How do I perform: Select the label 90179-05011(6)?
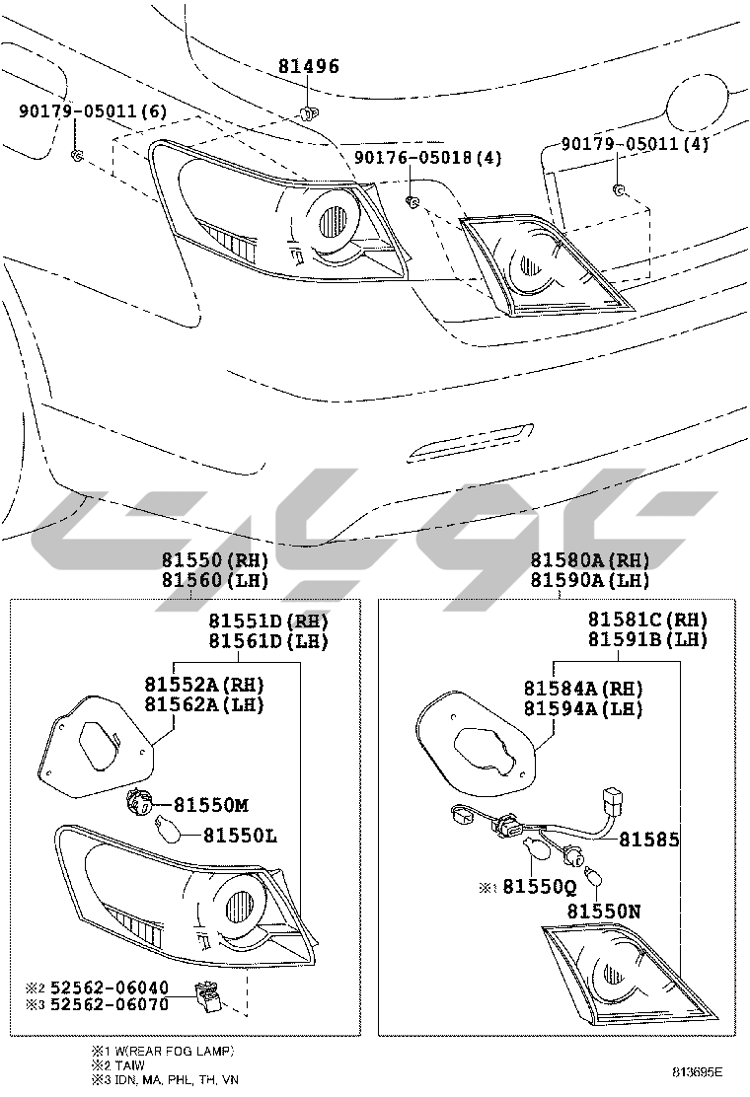pyautogui.click(x=92, y=111)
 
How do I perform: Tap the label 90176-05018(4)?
pyautogui.click(x=427, y=158)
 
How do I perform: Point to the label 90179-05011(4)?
pyautogui.click(x=635, y=144)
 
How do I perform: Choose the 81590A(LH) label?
pyautogui.click(x=589, y=580)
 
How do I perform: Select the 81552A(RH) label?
pyautogui.click(x=203, y=685)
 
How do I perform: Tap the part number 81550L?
pyautogui.click(x=240, y=836)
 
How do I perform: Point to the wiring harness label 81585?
pyautogui.click(x=648, y=840)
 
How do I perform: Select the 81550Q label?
pyautogui.click(x=538, y=886)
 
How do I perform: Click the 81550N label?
pyautogui.click(x=603, y=913)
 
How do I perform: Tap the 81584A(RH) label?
pyautogui.click(x=582, y=689)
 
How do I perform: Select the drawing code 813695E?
pyautogui.click(x=698, y=1071)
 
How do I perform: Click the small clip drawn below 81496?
pyautogui.click(x=308, y=110)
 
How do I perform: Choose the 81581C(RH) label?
pyautogui.click(x=647, y=620)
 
